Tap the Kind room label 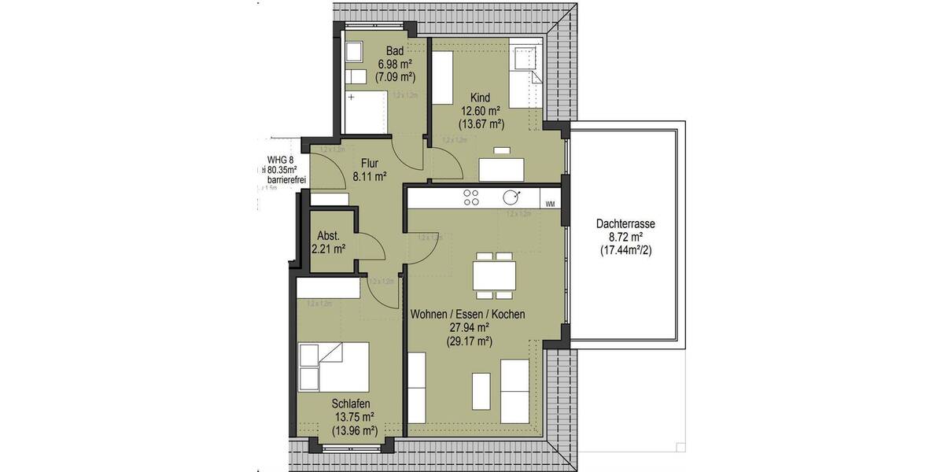[x=480, y=98]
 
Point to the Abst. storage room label [x=328, y=236]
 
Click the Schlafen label [x=351, y=404]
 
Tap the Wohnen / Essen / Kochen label [x=467, y=314]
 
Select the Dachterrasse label [x=625, y=224]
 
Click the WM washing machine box [x=550, y=204]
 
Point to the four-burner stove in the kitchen [x=471, y=197]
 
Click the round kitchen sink [x=512, y=197]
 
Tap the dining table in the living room [x=494, y=276]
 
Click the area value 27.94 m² [x=467, y=327]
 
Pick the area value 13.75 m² [x=352, y=418]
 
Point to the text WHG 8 [x=280, y=160]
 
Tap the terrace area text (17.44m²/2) [x=625, y=250]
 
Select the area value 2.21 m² [x=329, y=249]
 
